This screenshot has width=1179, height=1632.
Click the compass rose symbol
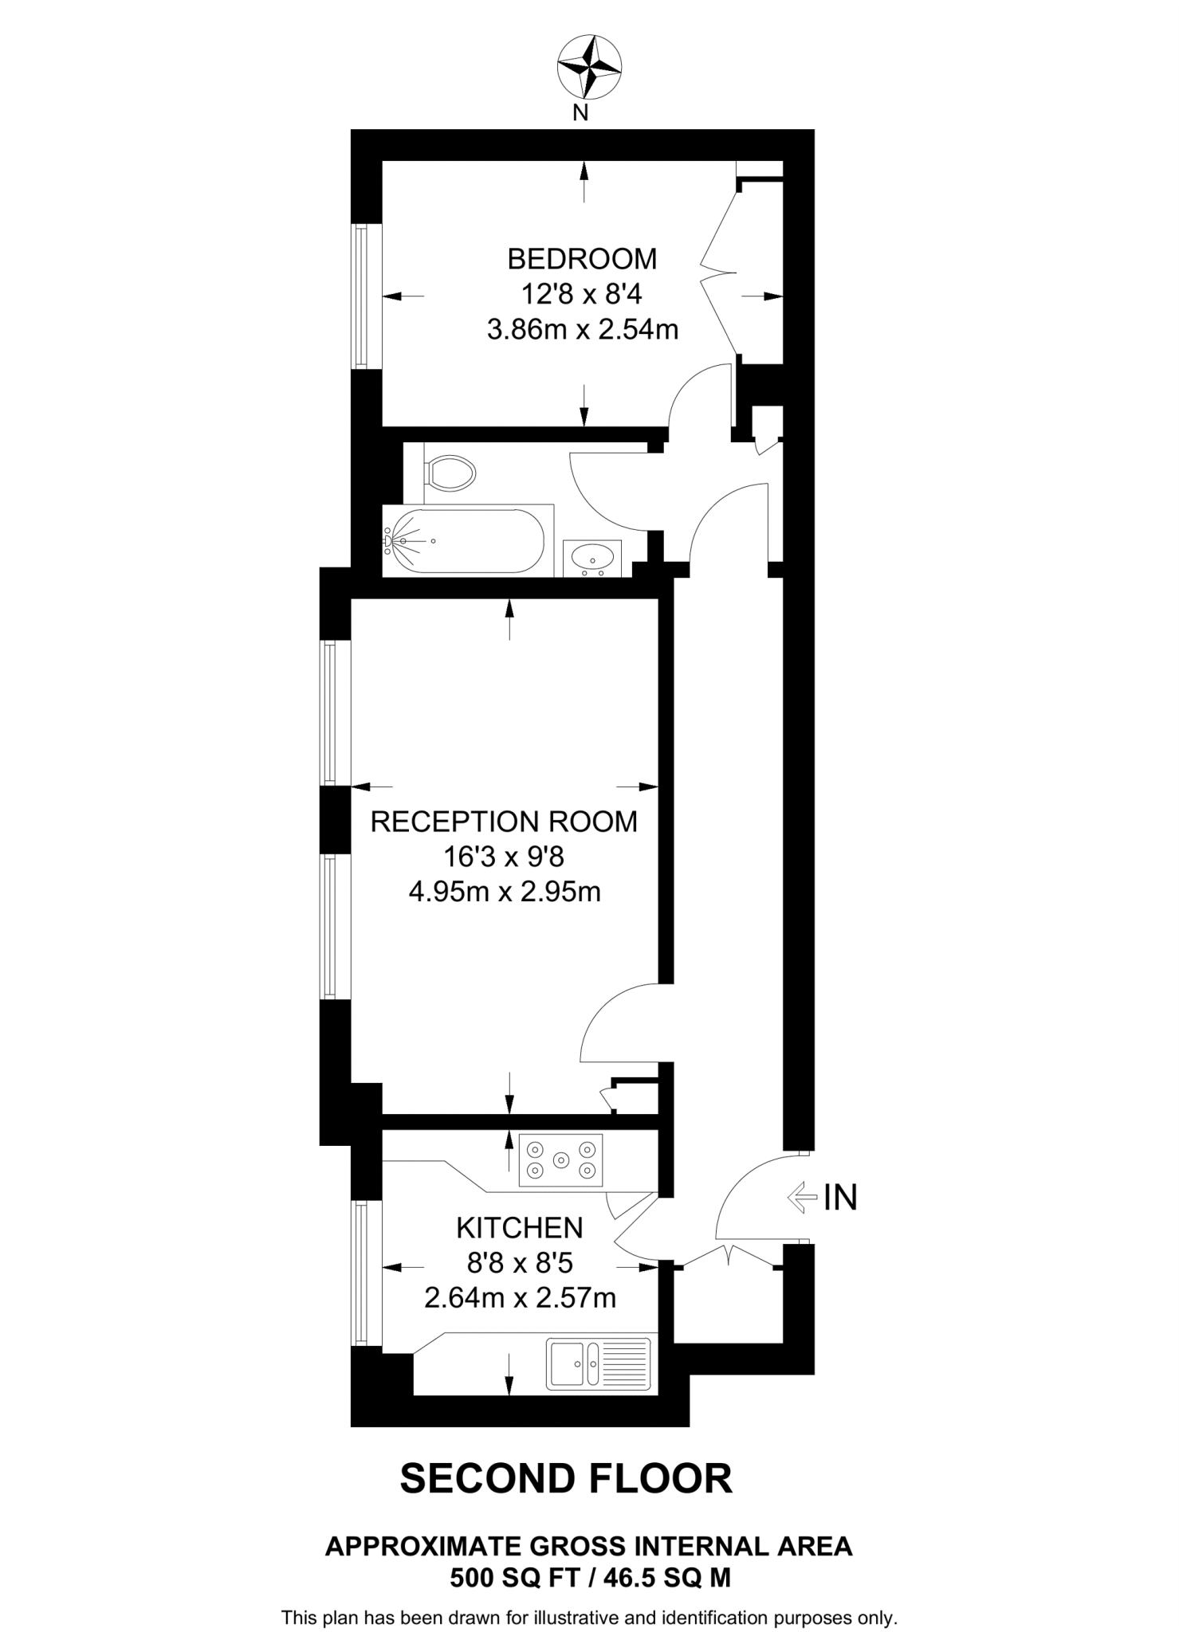click(589, 68)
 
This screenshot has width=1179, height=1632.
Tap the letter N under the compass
click(581, 113)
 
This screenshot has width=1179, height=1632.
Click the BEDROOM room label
click(582, 259)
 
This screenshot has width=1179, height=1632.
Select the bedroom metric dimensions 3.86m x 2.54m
click(582, 329)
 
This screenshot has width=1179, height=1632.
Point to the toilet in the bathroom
click(450, 473)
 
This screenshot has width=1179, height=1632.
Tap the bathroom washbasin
click(592, 558)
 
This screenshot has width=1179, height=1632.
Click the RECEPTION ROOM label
click(504, 822)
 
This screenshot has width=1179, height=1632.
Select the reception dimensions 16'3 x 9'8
click(504, 857)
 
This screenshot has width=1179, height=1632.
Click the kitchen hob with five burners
click(561, 1159)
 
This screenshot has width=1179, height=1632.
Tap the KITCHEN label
click(520, 1228)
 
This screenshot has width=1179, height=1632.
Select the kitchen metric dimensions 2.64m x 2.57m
click(520, 1298)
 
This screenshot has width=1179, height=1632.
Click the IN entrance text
click(840, 1198)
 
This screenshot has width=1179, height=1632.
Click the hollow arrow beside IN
click(802, 1198)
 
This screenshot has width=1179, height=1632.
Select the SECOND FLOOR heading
click(566, 1478)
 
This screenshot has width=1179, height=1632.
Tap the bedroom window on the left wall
click(363, 296)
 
